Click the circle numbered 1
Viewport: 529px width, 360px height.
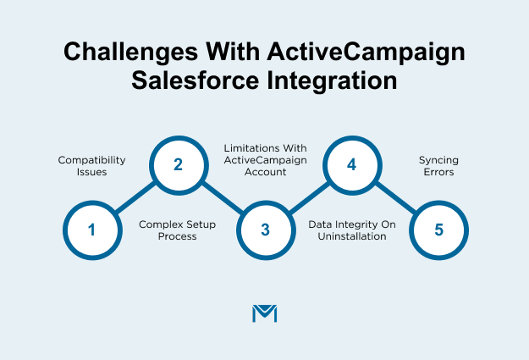92,230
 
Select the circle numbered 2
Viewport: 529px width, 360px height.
179,164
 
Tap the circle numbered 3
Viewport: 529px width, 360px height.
265,230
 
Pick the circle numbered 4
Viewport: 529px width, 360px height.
351,164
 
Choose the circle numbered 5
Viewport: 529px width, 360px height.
438,230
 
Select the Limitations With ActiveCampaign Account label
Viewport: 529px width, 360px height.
265,159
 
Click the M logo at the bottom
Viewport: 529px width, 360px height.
265,313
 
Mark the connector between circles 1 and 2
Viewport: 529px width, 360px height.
135,197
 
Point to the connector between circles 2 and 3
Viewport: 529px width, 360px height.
222,197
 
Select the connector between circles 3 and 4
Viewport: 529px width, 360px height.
308,197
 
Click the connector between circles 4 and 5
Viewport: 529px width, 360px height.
394,197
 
